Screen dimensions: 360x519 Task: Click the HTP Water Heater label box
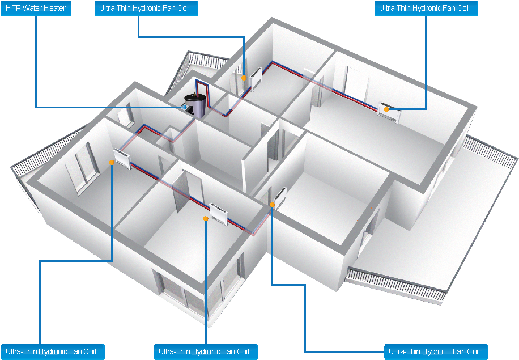point(36,9)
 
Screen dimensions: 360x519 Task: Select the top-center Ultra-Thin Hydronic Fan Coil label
point(148,9)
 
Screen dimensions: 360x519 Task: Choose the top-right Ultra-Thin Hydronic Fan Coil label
point(426,9)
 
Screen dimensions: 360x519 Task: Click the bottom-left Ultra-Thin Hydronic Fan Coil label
point(52,351)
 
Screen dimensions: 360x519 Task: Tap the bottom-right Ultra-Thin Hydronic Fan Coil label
point(436,351)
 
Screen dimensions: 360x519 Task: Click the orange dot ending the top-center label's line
point(244,78)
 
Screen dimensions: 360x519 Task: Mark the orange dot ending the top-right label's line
point(386,109)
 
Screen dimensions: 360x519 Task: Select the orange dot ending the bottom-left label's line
point(112,162)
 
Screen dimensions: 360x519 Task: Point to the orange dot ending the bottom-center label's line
point(205,217)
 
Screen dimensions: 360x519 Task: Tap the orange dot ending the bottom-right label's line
point(272,206)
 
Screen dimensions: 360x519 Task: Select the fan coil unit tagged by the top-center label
point(256,79)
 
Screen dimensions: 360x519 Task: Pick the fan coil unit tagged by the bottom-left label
point(123,158)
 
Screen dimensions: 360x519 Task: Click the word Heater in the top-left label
point(56,9)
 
